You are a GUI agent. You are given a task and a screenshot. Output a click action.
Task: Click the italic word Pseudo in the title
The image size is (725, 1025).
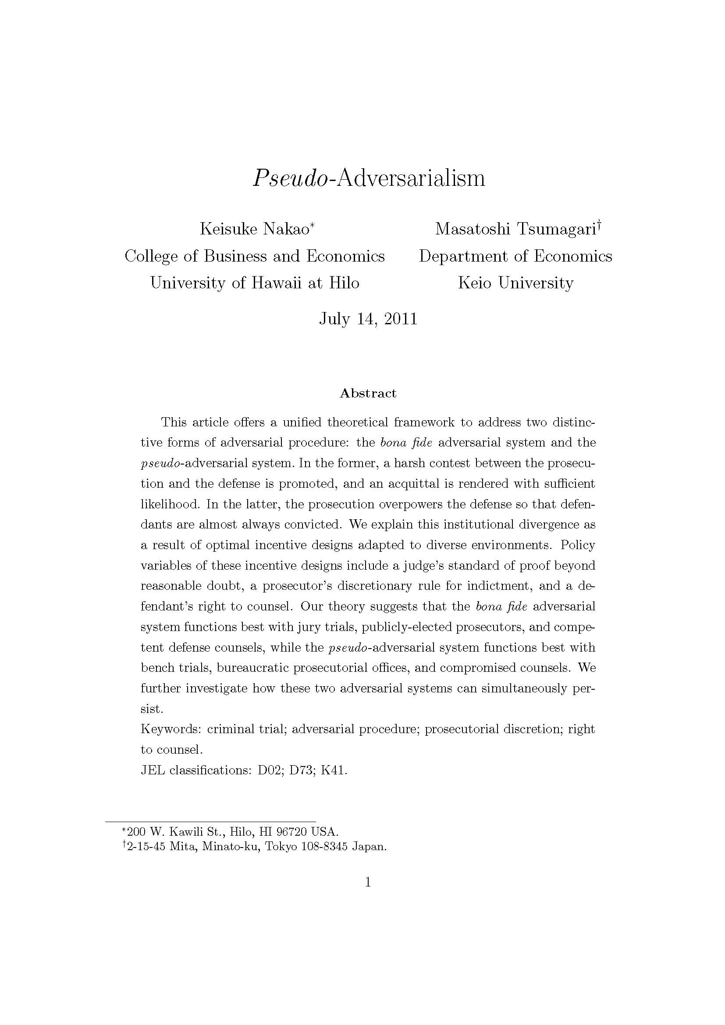click(x=291, y=178)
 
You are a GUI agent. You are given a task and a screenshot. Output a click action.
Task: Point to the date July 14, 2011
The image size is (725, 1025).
click(x=368, y=319)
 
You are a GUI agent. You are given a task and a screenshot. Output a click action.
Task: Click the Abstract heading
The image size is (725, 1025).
click(x=368, y=393)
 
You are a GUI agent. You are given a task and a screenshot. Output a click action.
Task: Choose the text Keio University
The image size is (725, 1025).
click(x=515, y=283)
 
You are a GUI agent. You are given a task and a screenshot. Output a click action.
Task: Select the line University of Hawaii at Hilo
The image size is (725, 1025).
click(x=255, y=283)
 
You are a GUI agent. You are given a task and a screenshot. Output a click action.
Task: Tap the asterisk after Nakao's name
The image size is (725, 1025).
click(x=313, y=226)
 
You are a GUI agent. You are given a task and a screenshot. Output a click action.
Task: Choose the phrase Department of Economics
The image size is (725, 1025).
click(x=515, y=256)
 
